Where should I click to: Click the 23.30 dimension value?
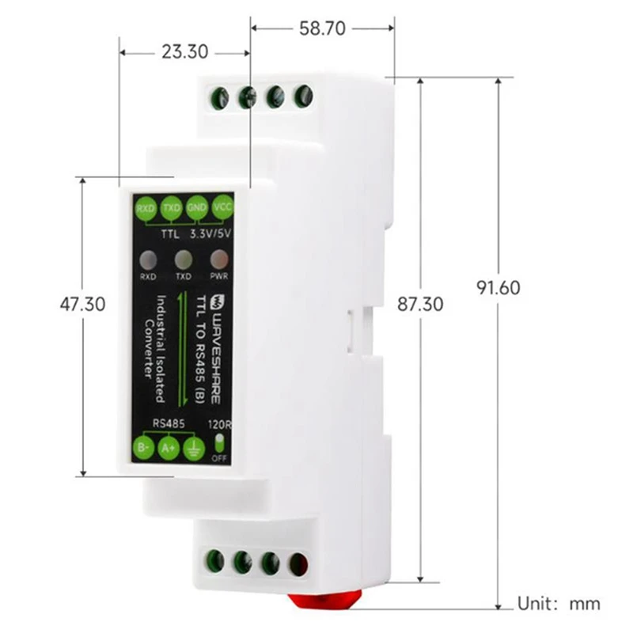click(184, 52)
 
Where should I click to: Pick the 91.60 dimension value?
click(498, 287)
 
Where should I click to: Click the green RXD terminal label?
click(146, 209)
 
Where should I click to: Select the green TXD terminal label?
click(171, 209)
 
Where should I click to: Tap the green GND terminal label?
click(197, 207)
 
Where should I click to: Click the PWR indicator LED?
click(217, 260)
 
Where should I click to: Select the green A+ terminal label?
click(169, 449)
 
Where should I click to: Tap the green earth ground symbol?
click(192, 449)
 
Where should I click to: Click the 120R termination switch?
click(218, 441)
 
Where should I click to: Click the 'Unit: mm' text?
click(559, 605)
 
